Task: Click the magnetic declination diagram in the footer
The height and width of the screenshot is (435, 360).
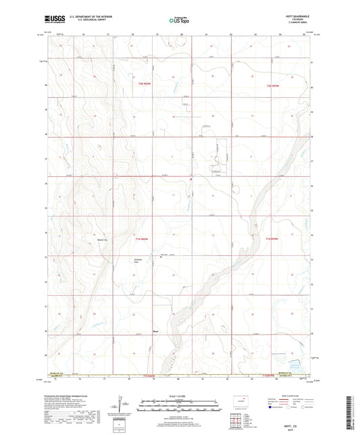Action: tap(122, 405)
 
